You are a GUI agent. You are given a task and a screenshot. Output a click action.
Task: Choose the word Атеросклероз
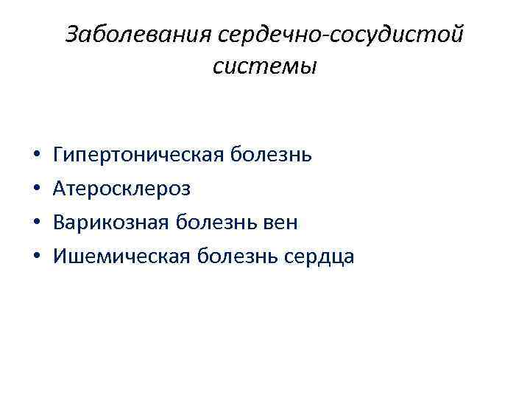(x=122, y=189)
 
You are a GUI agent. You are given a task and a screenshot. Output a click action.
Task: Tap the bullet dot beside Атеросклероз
(x=37, y=190)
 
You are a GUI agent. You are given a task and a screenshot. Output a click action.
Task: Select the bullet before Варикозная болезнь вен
(x=37, y=223)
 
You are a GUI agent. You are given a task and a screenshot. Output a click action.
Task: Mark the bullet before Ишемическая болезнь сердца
(x=37, y=256)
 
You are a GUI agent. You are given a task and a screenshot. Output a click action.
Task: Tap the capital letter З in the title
(x=72, y=35)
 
